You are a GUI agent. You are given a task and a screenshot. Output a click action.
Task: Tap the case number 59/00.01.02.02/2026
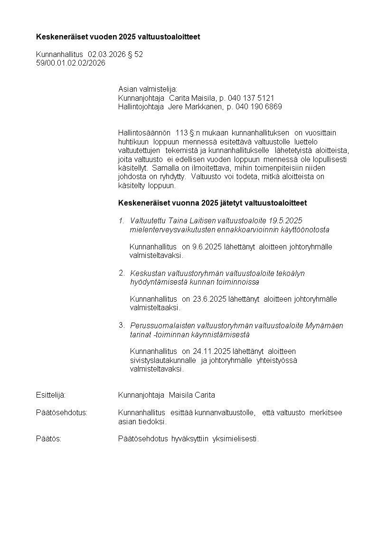(71, 63)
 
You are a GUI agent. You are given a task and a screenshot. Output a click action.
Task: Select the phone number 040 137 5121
(251, 98)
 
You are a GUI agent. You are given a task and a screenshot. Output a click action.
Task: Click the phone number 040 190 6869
(258, 107)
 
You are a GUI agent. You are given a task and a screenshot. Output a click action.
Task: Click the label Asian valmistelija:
(147, 89)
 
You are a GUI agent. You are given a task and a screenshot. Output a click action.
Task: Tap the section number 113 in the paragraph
(181, 133)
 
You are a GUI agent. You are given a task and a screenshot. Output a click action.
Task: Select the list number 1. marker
(122, 220)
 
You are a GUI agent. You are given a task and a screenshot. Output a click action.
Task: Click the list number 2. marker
(122, 273)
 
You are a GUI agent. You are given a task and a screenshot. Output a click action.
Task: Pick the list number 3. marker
(122, 325)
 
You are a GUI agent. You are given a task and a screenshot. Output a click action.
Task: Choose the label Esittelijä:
(51, 395)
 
